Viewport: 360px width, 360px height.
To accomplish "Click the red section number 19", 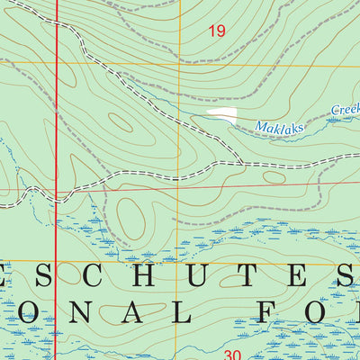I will (x=216, y=31).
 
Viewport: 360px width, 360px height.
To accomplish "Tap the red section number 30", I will (x=232, y=355).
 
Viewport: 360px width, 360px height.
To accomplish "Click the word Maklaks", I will (x=279, y=125).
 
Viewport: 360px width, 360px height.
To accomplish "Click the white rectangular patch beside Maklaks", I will (x=222, y=115).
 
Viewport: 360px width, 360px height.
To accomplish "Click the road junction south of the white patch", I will (x=241, y=165).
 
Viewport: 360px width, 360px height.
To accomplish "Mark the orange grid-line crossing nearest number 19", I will (x=179, y=63).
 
